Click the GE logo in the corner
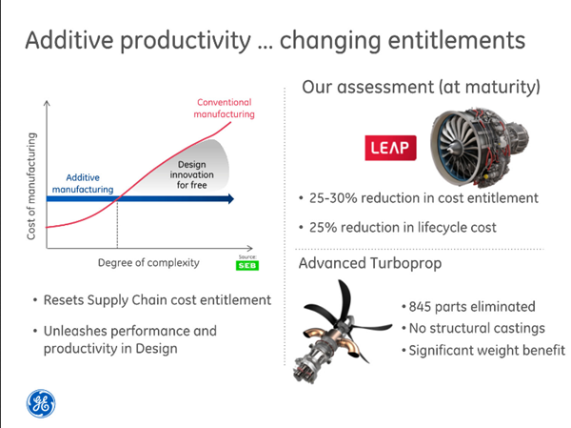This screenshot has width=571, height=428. point(41,403)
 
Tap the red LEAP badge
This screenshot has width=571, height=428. point(390,148)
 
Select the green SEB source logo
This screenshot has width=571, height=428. point(247,265)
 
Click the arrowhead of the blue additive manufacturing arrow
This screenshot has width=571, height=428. point(231,199)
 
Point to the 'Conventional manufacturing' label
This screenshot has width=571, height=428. point(224,108)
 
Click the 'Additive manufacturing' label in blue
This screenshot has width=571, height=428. point(83,183)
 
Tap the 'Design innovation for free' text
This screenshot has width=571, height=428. point(192,174)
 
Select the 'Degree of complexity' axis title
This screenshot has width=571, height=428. point(148,263)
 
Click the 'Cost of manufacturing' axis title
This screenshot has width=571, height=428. point(31,186)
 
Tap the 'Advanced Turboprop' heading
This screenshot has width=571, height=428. point(370,263)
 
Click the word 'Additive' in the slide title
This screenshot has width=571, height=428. point(69,40)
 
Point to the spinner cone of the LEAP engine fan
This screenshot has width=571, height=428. point(453,148)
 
